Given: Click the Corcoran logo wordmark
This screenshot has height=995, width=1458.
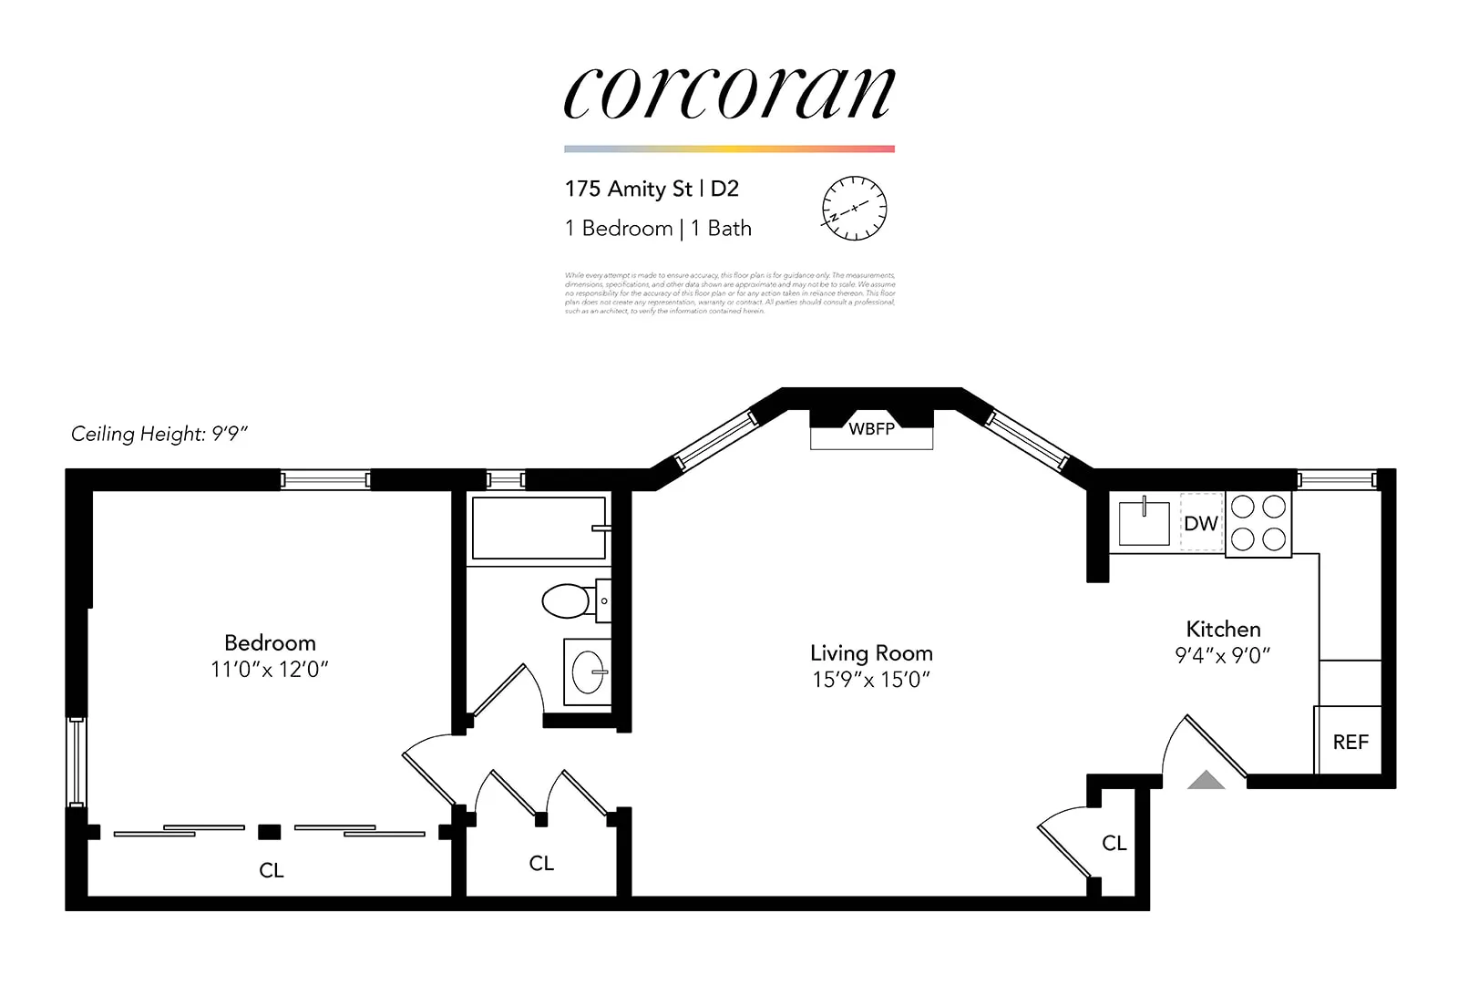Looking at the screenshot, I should tap(729, 94).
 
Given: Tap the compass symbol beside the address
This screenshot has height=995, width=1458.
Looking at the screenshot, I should tap(854, 208).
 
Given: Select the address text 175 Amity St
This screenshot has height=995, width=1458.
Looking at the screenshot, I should tap(628, 189).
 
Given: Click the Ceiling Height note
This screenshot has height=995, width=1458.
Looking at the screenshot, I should tap(159, 434).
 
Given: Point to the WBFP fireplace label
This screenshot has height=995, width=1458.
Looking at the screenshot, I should tap(871, 428).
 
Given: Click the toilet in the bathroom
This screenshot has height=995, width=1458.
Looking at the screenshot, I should tap(567, 601).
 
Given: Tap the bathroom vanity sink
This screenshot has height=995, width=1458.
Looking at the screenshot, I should tap(588, 673).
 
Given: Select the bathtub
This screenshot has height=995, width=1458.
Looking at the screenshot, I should tap(539, 528).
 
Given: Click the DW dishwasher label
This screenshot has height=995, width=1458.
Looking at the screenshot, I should tap(1200, 523).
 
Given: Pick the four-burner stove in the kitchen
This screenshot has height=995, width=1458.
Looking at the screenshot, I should tap(1258, 523).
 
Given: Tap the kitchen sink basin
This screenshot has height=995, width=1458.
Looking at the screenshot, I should tap(1144, 522).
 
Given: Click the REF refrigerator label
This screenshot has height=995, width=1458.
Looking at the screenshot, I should tap(1350, 742).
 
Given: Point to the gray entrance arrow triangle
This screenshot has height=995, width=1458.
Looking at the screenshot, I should tap(1206, 780).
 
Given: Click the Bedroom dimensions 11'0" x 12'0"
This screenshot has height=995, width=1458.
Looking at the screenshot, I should tap(269, 670).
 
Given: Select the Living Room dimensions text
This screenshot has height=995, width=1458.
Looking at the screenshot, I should tap(871, 680).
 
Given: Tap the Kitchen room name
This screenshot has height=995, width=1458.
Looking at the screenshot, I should tap(1223, 629).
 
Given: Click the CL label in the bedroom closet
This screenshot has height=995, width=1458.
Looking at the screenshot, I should tap(272, 870).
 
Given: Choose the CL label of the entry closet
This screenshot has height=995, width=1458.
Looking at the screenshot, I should tap(1114, 843).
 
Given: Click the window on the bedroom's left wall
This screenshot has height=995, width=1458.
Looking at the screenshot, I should tap(77, 762).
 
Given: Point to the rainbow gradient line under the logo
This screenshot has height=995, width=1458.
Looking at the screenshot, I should tap(729, 149).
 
